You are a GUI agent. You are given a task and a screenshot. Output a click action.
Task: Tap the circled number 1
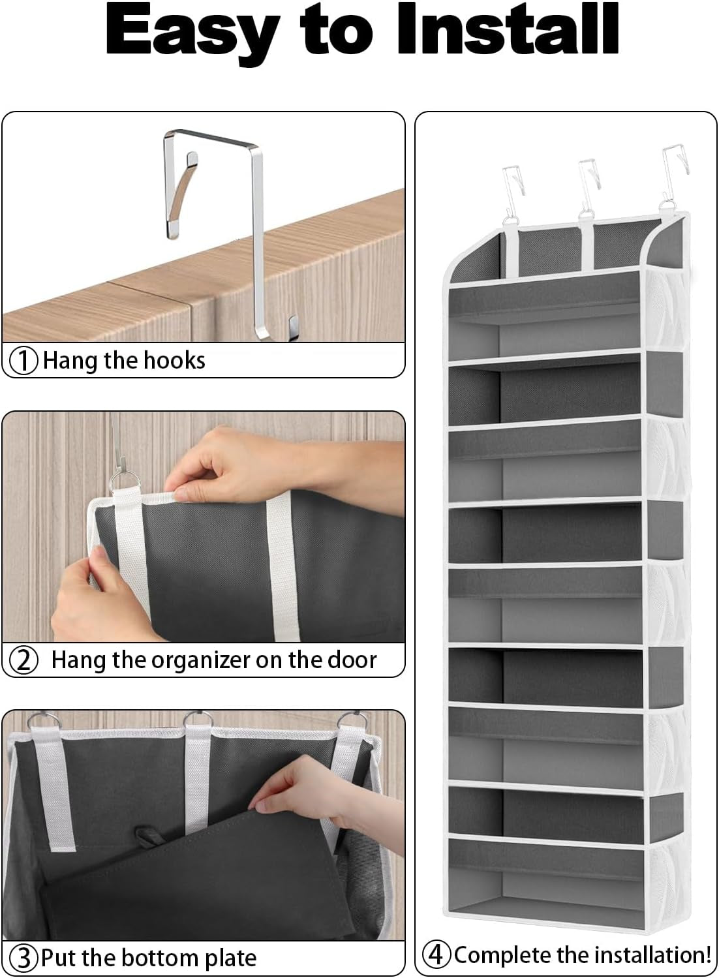point(25,361)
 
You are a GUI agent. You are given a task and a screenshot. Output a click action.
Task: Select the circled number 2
point(25,660)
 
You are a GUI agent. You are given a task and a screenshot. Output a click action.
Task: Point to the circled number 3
point(25,958)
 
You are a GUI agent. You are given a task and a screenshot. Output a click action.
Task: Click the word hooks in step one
point(174,360)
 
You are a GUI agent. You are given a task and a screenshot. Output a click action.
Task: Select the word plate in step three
point(227,958)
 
